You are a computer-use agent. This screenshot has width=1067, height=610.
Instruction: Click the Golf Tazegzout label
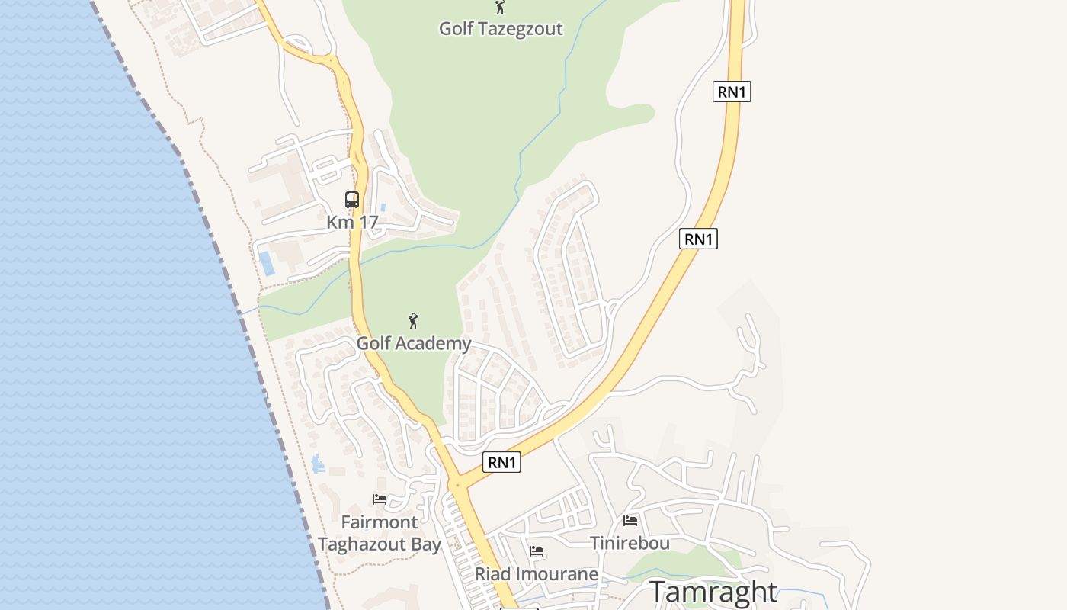pos(501,29)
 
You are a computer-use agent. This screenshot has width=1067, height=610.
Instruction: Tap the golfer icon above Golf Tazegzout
pos(500,8)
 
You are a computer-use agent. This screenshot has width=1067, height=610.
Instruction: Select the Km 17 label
pos(352,223)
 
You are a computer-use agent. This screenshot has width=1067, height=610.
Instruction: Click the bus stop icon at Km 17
pos(352,200)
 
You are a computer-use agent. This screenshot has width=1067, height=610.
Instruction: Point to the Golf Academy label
pos(414,343)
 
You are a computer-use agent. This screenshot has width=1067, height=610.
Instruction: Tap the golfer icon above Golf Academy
pos(413,321)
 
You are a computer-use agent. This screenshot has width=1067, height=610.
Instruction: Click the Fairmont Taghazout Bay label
pos(380,533)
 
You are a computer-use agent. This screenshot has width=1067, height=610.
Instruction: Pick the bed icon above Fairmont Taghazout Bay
pos(380,500)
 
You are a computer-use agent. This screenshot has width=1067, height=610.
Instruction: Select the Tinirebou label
pos(630,543)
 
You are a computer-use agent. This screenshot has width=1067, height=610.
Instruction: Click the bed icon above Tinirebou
pos(630,521)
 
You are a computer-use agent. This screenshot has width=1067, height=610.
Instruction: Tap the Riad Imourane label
pos(537,573)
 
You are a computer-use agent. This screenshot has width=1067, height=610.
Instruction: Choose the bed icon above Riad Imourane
pos(537,551)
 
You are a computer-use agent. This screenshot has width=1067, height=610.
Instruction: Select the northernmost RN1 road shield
pos(732,92)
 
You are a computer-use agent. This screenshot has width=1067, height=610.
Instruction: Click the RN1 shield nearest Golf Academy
pos(501,462)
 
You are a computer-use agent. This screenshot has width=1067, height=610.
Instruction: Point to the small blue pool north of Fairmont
pos(318,463)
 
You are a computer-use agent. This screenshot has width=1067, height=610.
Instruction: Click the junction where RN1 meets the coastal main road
pos(457,485)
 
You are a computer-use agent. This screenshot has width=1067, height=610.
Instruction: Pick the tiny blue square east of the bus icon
pos(383,207)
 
